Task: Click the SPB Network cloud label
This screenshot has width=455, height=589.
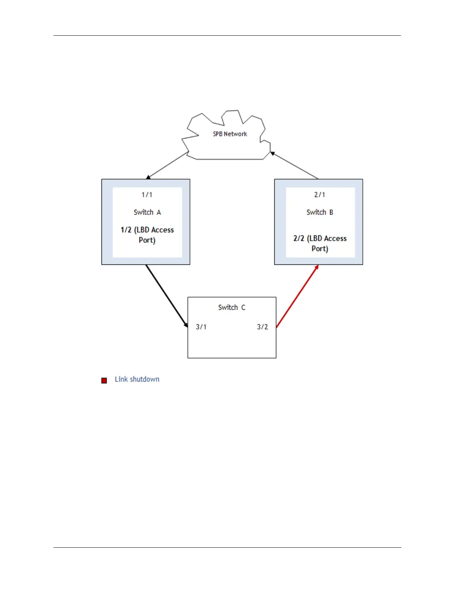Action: tap(230, 134)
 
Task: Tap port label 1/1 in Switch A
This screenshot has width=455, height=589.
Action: tap(147, 194)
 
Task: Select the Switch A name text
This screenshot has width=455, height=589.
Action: tap(147, 212)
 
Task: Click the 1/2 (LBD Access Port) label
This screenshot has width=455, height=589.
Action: tap(147, 235)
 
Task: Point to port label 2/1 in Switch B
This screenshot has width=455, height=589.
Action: tap(319, 194)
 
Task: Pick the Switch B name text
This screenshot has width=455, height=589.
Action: tap(320, 212)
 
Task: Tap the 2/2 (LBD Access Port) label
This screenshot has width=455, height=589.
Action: tap(320, 244)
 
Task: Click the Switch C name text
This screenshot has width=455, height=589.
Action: tap(232, 308)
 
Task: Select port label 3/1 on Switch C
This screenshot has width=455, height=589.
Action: tap(201, 327)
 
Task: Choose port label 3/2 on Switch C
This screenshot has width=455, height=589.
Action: tap(262, 327)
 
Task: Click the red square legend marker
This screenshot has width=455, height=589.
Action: tap(104, 380)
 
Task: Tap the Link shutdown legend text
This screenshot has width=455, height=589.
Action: tap(137, 379)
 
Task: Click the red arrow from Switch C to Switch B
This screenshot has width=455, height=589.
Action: tap(297, 296)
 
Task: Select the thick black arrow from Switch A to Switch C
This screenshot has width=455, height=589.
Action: tap(166, 295)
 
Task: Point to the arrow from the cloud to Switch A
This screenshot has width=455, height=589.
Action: tap(168, 165)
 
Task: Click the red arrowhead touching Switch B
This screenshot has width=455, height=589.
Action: tap(317, 267)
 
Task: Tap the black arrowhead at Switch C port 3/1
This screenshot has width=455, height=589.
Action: tap(186, 325)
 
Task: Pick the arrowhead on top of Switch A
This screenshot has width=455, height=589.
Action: tap(148, 177)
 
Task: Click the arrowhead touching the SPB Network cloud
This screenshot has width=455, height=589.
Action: tap(272, 153)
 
